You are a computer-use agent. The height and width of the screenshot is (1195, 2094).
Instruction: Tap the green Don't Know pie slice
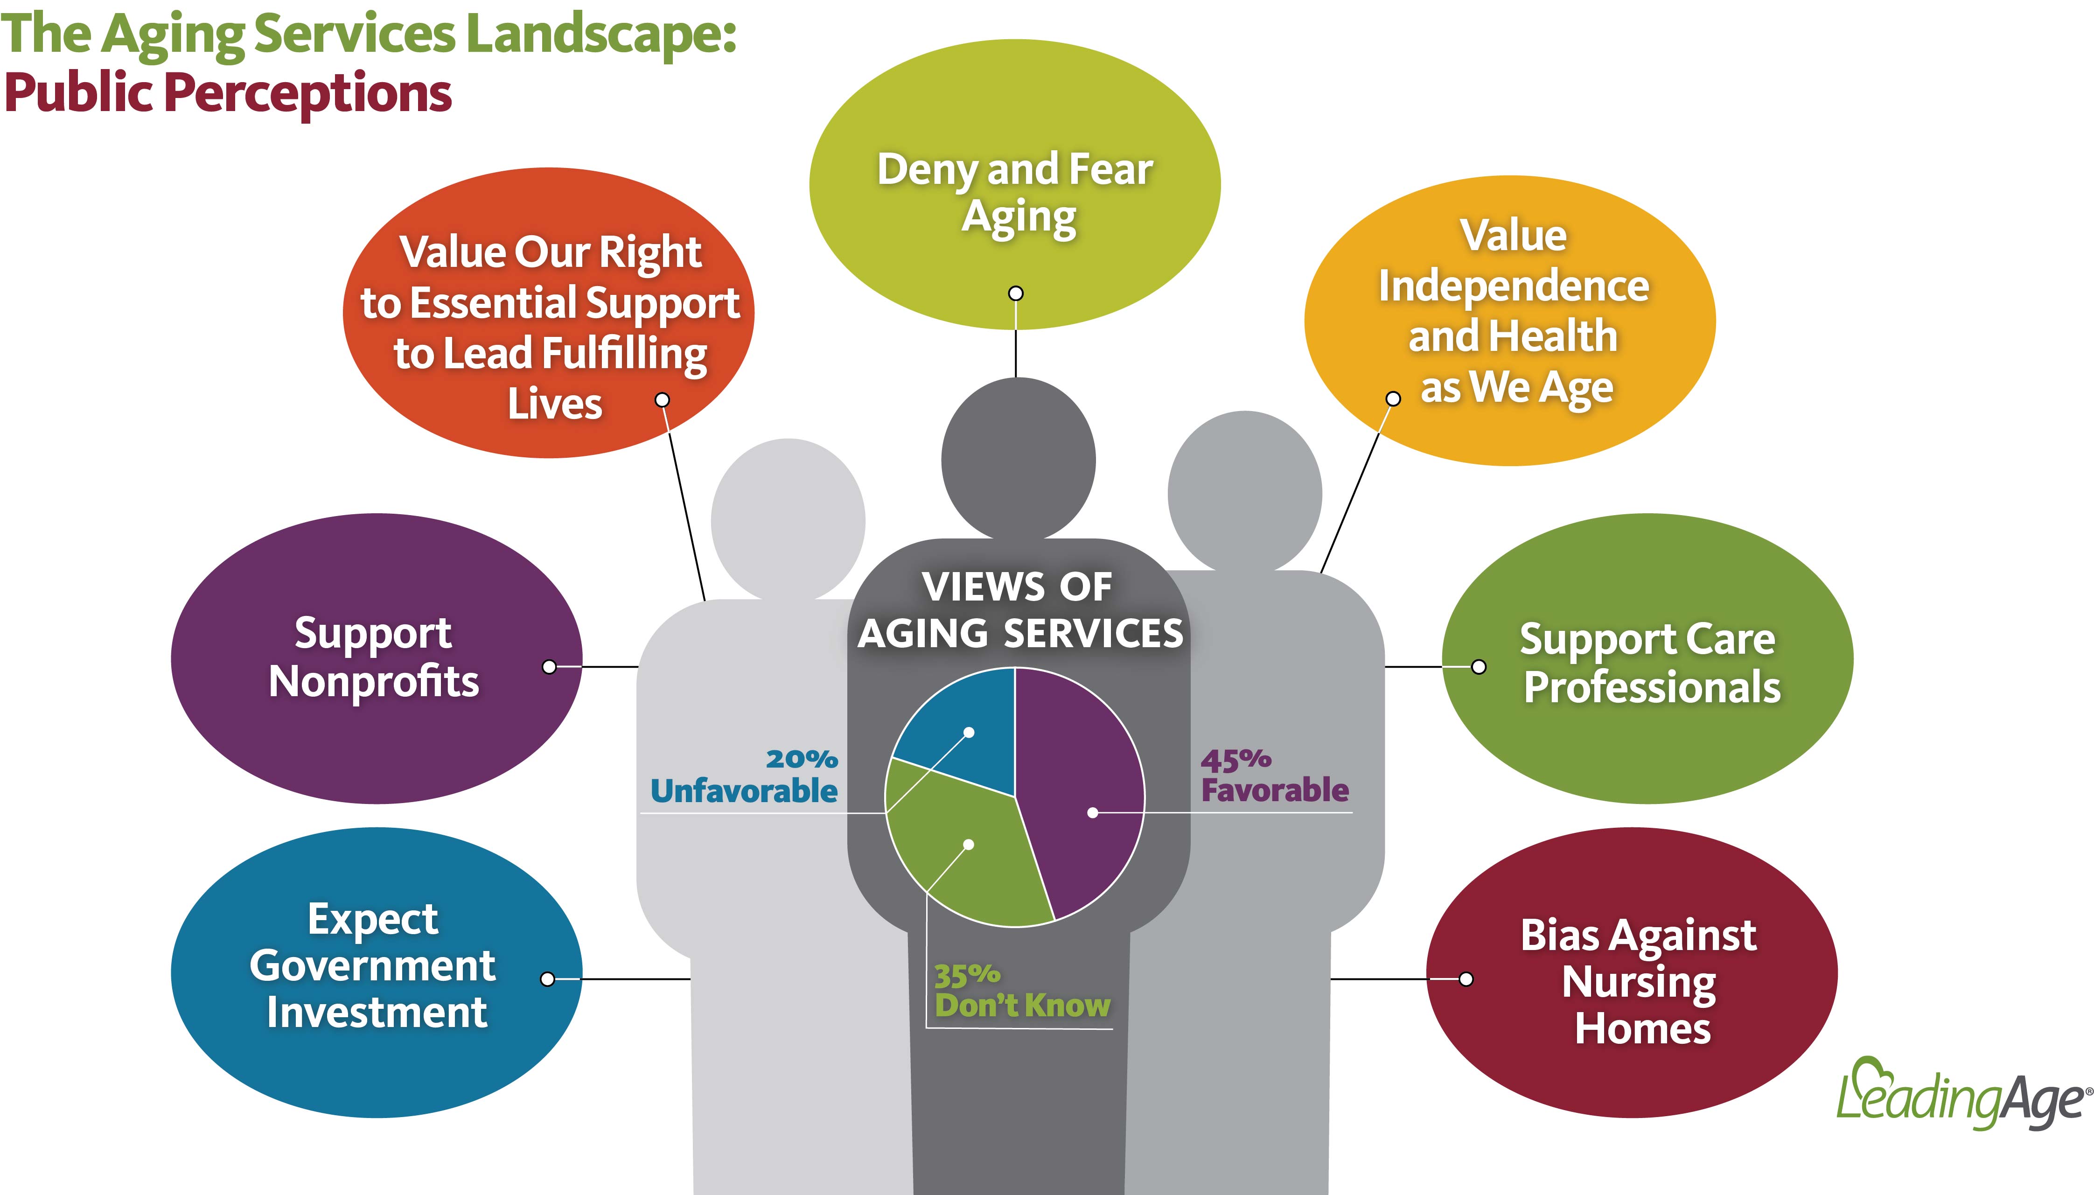tap(964, 853)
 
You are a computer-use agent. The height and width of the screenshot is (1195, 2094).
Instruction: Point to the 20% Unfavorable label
tap(744, 776)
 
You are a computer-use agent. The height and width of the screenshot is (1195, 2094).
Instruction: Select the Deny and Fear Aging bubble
tap(1015, 185)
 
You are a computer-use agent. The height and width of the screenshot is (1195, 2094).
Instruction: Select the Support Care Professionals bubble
tap(1647, 658)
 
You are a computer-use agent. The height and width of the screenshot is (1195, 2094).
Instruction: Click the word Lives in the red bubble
tap(555, 404)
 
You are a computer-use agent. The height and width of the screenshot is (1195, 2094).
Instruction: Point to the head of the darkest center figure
tap(1018, 458)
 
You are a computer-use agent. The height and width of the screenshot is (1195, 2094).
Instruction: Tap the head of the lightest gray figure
tap(788, 519)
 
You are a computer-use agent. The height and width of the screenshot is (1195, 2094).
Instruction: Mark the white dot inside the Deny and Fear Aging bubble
tap(1016, 293)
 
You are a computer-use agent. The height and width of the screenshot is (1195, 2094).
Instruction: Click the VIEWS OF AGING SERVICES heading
tap(1020, 610)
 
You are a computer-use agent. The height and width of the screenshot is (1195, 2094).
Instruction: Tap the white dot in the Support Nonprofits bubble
tap(550, 666)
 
